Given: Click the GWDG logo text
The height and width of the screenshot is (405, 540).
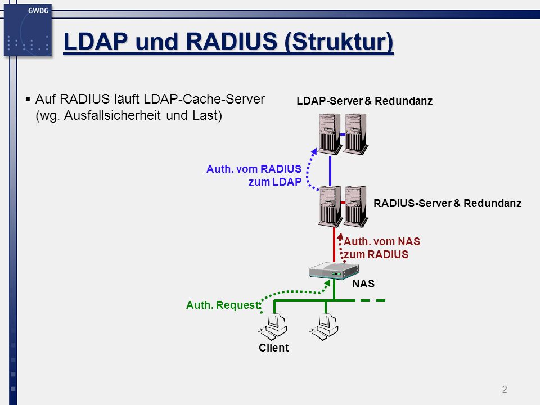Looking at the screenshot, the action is pyautogui.click(x=38, y=11).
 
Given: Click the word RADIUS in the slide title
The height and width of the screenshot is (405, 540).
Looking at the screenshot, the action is pyautogui.click(x=232, y=42).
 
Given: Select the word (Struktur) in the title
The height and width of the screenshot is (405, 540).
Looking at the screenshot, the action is pyautogui.click(x=339, y=42).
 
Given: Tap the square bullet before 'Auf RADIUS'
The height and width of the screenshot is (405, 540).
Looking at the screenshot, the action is pyautogui.click(x=28, y=99).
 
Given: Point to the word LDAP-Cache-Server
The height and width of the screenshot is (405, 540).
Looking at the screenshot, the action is pyautogui.click(x=204, y=99).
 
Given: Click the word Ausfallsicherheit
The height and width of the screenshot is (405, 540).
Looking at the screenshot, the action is pyautogui.click(x=112, y=115).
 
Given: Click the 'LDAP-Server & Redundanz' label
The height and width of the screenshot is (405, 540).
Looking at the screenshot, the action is pyautogui.click(x=364, y=101).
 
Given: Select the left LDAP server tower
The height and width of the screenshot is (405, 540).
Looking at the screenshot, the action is pyautogui.click(x=330, y=134).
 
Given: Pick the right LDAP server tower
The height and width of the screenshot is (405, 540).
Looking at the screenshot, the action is pyautogui.click(x=355, y=134).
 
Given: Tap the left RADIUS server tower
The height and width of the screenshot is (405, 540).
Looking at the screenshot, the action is pyautogui.click(x=330, y=206).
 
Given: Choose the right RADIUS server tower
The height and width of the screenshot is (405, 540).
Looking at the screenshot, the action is pyautogui.click(x=355, y=206).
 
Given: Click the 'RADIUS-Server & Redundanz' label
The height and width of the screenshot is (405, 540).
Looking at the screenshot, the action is pyautogui.click(x=447, y=203).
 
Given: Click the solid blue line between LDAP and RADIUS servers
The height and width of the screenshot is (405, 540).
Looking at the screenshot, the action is pyautogui.click(x=330, y=171).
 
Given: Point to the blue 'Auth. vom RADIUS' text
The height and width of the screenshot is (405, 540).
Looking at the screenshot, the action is pyautogui.click(x=254, y=169).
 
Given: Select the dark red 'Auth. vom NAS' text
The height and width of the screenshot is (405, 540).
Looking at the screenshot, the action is pyautogui.click(x=382, y=241).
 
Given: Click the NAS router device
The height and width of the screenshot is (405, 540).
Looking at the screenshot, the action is pyautogui.click(x=334, y=271).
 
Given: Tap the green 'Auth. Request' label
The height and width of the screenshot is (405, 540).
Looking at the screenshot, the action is pyautogui.click(x=223, y=305).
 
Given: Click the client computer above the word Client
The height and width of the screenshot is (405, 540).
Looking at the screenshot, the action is pyautogui.click(x=272, y=327).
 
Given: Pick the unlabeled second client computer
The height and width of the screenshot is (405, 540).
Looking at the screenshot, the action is pyautogui.click(x=324, y=327).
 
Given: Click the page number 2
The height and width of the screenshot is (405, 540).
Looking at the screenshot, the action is pyautogui.click(x=505, y=389).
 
